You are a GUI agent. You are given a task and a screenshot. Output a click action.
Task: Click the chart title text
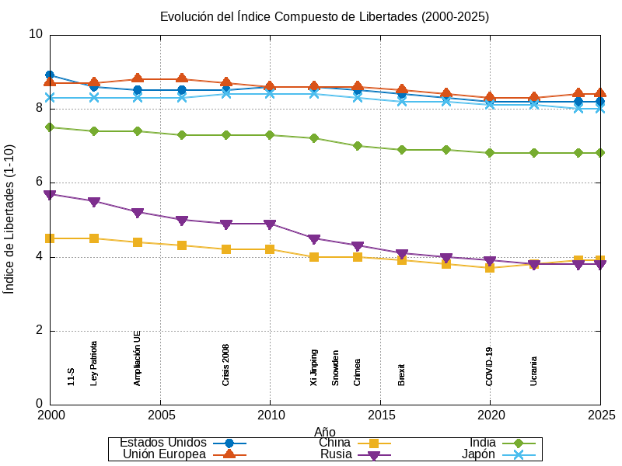(324, 16)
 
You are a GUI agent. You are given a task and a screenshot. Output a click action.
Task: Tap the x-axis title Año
(325, 431)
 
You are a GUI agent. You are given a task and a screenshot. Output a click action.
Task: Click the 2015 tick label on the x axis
(380, 415)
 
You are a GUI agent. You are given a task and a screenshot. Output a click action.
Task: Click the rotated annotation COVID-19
(490, 367)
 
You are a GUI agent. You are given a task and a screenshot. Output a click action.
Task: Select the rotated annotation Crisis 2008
(226, 365)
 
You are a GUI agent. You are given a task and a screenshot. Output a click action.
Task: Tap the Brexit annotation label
(402, 374)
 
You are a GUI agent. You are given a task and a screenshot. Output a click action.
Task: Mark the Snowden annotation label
(336, 368)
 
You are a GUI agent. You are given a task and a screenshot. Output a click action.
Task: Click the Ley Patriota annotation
(94, 363)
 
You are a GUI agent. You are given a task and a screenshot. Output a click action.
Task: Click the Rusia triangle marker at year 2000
(51, 195)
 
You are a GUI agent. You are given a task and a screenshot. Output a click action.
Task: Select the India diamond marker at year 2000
(51, 127)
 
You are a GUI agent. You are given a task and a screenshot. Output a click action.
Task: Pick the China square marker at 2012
(314, 256)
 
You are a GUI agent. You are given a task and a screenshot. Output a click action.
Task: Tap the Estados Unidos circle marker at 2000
(51, 75)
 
